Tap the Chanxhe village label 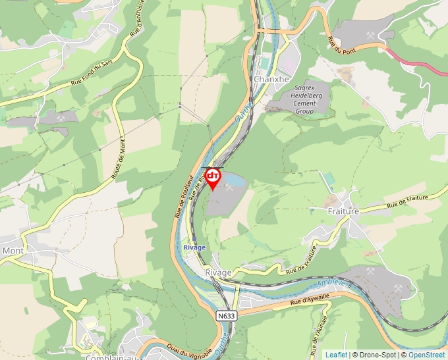click(271, 79)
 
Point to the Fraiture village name click(343, 211)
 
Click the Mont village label click(13, 251)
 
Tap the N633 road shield click(226, 316)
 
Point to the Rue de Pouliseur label click(184, 196)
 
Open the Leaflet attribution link click(336, 355)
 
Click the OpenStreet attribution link click(427, 355)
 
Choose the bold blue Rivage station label click(194, 247)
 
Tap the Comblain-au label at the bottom click(109, 357)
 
